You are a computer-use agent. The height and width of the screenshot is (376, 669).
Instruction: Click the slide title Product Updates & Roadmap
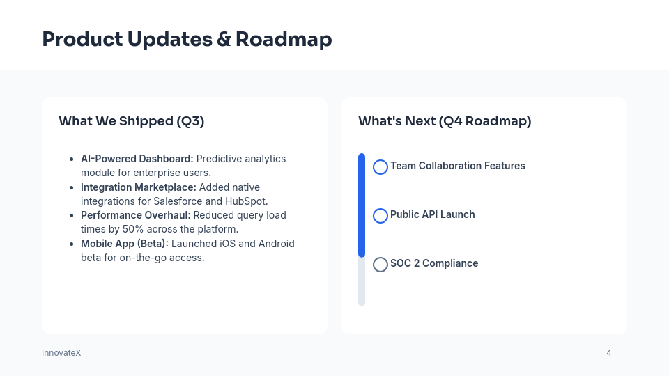[187, 39]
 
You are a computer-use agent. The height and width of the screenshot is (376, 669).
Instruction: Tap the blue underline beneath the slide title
[70, 56]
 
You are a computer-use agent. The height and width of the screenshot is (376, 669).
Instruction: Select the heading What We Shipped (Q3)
[131, 121]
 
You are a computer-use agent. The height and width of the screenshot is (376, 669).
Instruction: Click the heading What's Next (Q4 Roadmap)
[445, 121]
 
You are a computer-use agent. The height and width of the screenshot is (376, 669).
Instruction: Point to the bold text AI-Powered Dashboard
[137, 159]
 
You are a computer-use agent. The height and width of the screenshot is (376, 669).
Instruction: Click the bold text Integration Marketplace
[139, 187]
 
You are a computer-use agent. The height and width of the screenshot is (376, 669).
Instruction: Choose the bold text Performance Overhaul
[135, 215]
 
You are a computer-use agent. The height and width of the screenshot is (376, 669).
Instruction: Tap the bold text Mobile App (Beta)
[124, 244]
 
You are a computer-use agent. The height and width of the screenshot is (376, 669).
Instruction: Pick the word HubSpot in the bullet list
[245, 201]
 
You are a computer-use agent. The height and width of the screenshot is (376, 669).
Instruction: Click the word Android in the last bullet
[276, 244]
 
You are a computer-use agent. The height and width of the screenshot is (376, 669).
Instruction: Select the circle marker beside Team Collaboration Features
[380, 167]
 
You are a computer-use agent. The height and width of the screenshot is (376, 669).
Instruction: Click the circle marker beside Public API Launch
[380, 216]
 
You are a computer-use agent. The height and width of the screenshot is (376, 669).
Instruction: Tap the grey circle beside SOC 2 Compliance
[380, 265]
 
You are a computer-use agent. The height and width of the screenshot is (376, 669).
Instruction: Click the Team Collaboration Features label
[458, 166]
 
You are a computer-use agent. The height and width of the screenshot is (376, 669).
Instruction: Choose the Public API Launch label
[433, 214]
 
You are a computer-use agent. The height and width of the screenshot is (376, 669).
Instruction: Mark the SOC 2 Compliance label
[434, 263]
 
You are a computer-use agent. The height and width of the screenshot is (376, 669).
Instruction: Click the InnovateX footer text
[61, 353]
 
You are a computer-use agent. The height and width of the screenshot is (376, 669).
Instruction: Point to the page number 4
[609, 353]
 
